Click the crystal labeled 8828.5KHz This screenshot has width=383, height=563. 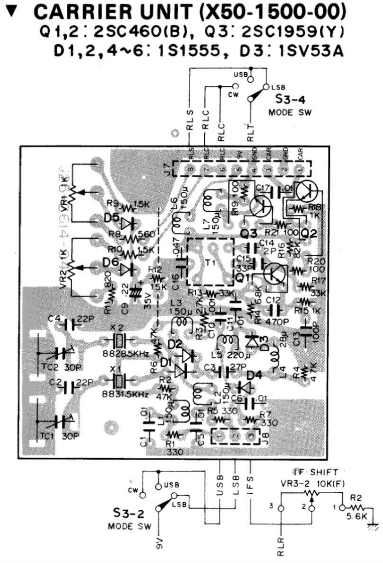[119, 341]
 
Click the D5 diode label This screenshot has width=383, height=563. [111, 219]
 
